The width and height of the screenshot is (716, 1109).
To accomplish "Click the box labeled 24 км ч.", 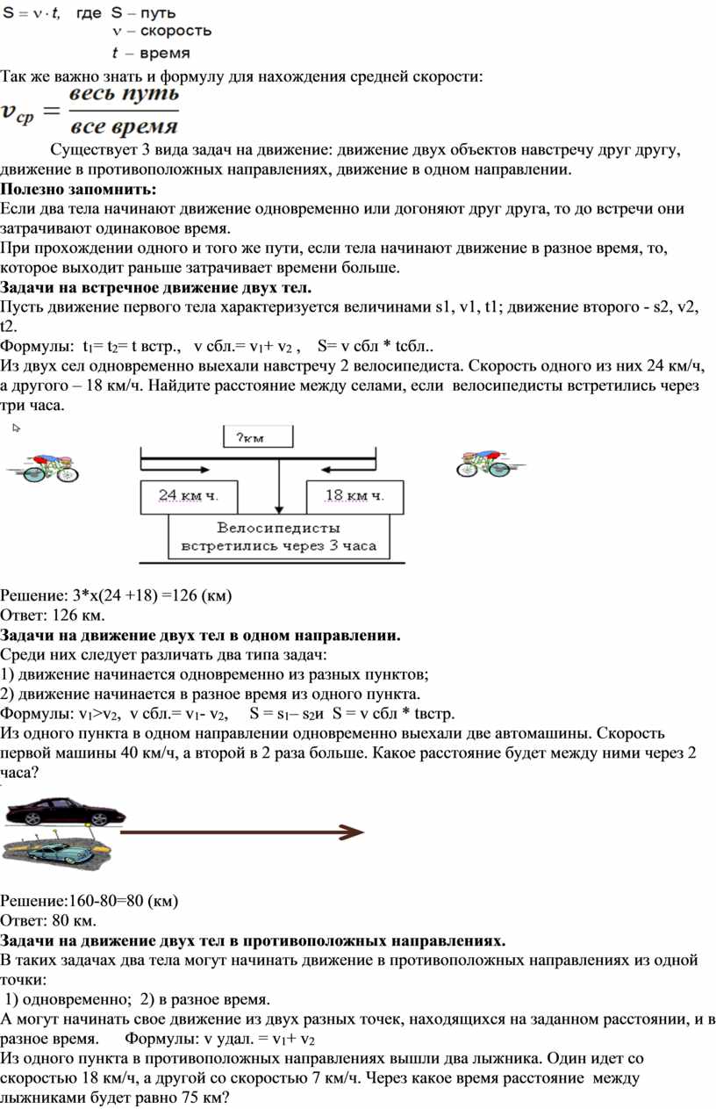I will [186, 496].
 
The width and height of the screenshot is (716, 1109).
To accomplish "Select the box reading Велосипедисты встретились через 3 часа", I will [278, 536].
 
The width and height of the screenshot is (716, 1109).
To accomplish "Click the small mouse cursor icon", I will [16, 428].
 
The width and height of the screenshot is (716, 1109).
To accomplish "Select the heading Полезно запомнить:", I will [78, 189].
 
